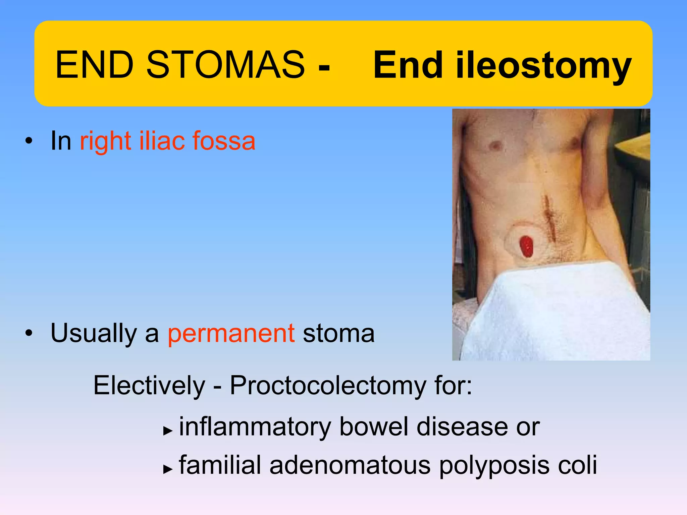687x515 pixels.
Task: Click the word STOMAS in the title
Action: [x=225, y=65]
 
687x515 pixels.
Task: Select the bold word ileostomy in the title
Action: [x=543, y=66]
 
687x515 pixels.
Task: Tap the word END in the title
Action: [x=94, y=65]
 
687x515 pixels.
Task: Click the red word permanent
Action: [x=231, y=334]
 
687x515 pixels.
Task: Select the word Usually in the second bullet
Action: [x=94, y=334]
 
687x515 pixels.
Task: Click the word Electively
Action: [x=149, y=386]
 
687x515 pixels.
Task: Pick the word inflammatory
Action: [x=255, y=427]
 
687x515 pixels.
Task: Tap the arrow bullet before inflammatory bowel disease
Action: [x=167, y=431]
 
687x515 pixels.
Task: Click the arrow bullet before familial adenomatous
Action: [x=167, y=469]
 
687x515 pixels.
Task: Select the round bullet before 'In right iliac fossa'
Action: [x=29, y=141]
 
